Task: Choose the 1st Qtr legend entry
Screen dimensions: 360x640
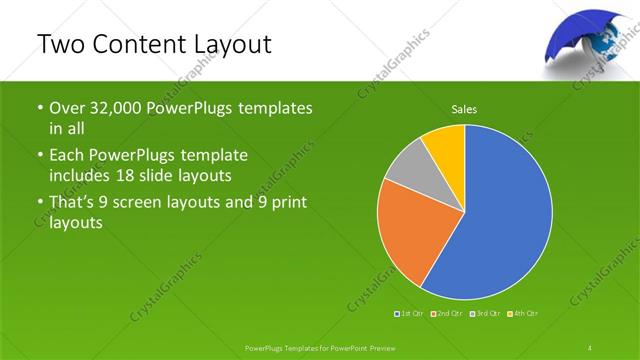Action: [409, 314]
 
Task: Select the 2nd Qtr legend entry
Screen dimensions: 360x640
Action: [446, 314]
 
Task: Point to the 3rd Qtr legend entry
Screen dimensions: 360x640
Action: [484, 314]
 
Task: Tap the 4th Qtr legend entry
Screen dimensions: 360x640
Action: [523, 314]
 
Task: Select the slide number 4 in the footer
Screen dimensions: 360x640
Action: [590, 347]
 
